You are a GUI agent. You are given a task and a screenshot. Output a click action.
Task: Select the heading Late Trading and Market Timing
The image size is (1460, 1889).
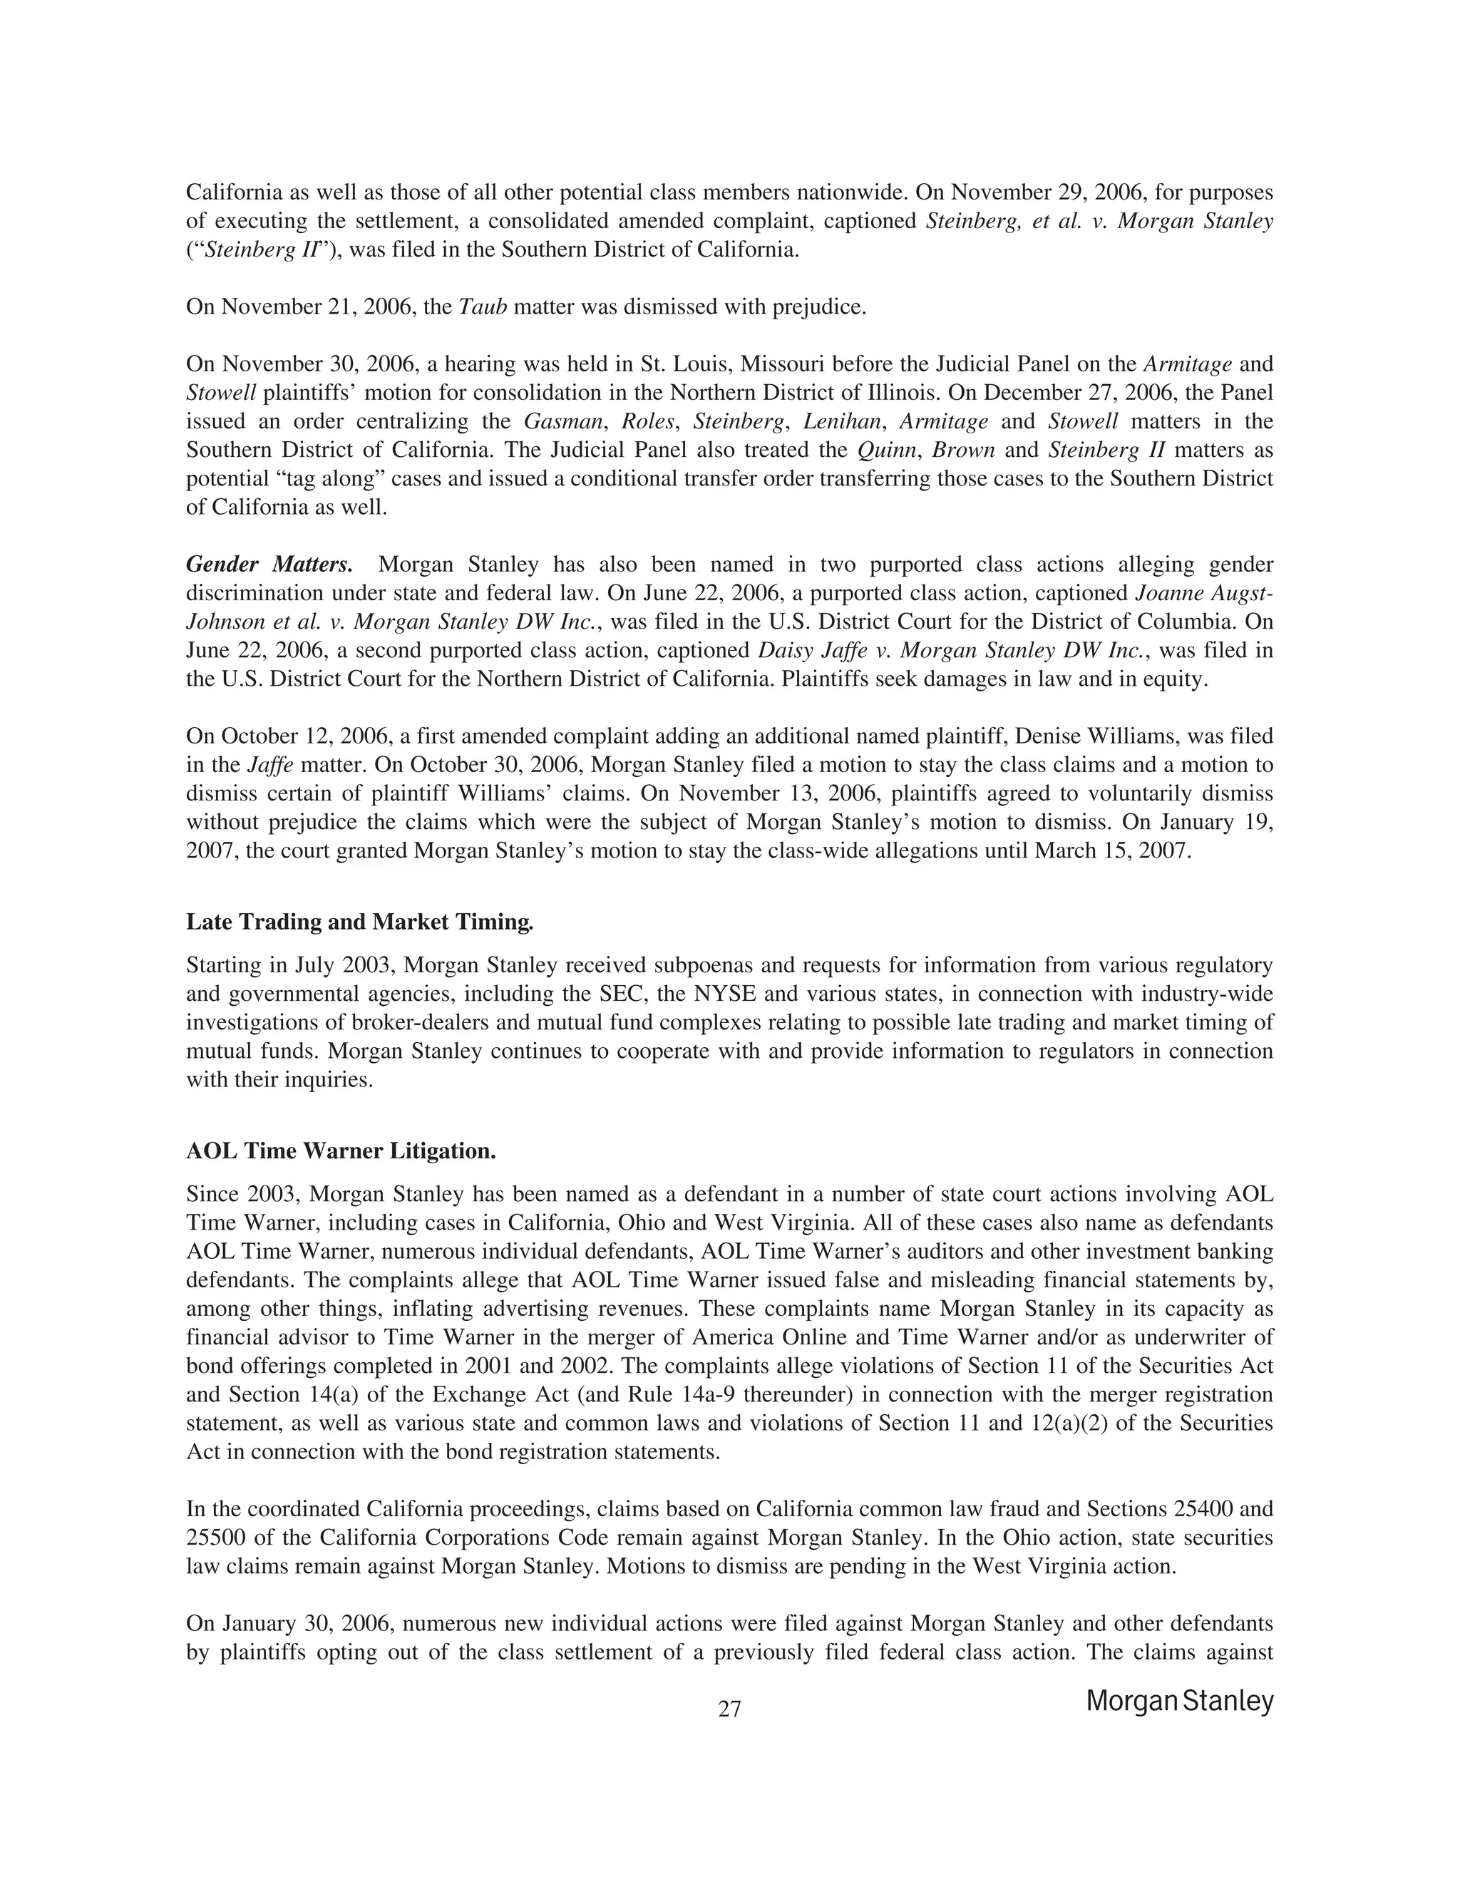pyautogui.click(x=360, y=922)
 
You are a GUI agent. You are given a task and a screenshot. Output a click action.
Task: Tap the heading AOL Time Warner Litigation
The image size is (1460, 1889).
pyautogui.click(x=341, y=1151)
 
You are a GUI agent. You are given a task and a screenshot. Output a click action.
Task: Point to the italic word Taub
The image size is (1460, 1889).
pyautogui.click(x=481, y=307)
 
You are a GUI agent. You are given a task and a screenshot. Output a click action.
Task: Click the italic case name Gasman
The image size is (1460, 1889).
pyautogui.click(x=563, y=421)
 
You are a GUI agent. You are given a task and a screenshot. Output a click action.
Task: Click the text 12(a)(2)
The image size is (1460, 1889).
pyautogui.click(x=1069, y=1424)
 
